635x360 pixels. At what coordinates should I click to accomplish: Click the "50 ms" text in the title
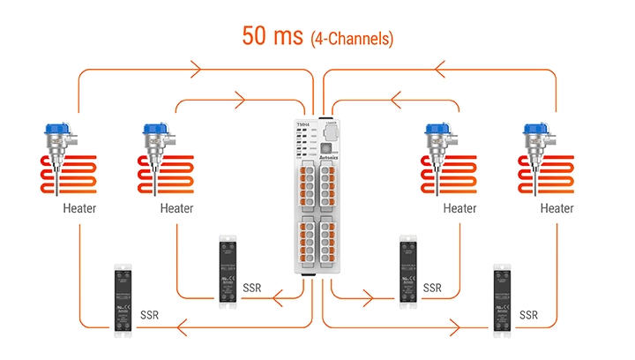point(272,36)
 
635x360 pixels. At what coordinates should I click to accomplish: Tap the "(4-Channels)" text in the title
point(351,39)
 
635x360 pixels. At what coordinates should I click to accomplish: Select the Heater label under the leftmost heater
point(79,209)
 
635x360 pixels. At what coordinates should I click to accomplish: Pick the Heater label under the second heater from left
point(176,209)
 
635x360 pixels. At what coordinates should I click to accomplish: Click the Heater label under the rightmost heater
point(557,209)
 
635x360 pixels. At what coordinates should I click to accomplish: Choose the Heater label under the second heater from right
point(459,209)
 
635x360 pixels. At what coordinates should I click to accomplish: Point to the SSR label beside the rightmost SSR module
point(529,315)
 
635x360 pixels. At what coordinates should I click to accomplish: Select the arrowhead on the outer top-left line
point(192,68)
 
